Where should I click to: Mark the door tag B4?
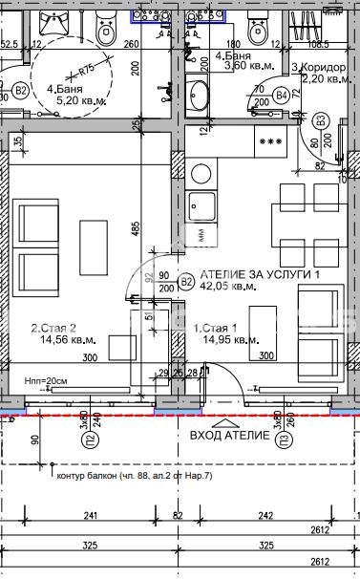[281, 96]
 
